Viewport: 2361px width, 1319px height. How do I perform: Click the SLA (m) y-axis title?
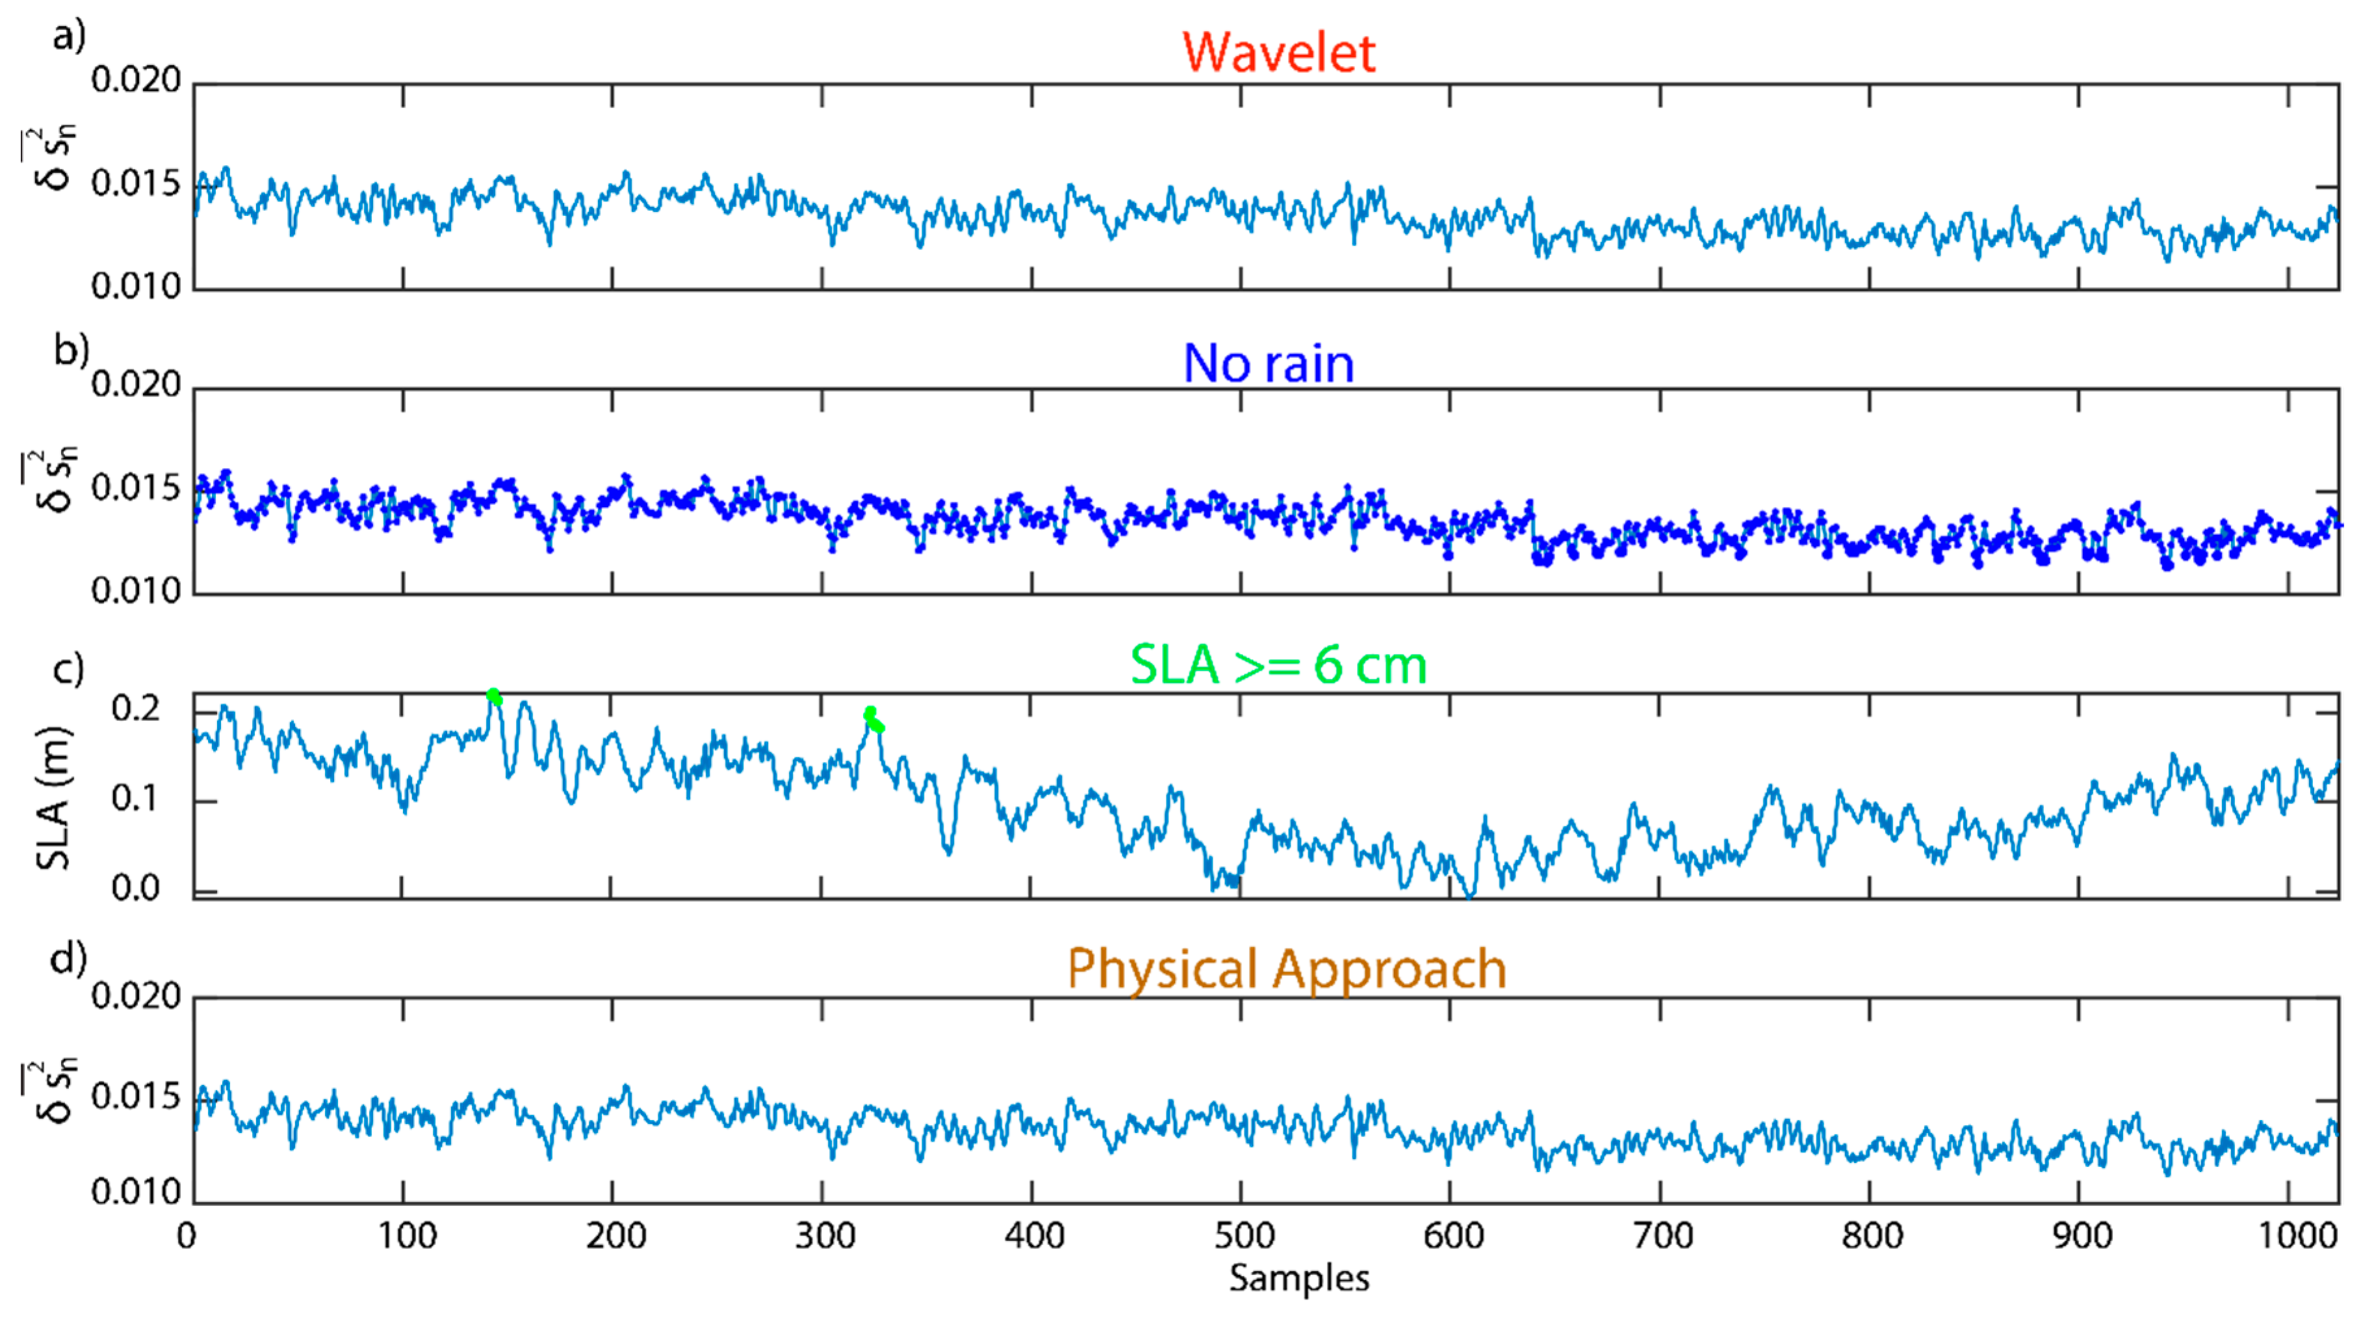[x=53, y=798]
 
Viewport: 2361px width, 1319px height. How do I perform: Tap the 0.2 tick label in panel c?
[x=136, y=708]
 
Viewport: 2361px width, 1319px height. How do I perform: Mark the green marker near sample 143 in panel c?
[x=494, y=697]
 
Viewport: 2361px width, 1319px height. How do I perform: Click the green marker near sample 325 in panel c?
[x=873, y=718]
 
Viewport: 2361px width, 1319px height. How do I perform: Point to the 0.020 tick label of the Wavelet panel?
[x=136, y=80]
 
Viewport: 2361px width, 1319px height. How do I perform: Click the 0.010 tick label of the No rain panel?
[x=136, y=590]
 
